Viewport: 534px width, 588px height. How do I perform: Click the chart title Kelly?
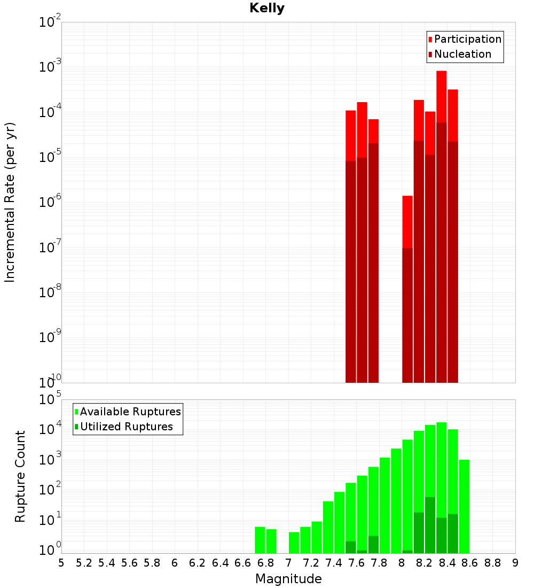pos(267,9)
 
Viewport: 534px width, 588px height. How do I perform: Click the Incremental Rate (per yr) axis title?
pos(10,202)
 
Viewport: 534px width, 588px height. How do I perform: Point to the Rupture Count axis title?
pos(20,476)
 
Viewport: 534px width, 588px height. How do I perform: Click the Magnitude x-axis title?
pos(288,579)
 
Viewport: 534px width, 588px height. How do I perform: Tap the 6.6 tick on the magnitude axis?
pos(243,563)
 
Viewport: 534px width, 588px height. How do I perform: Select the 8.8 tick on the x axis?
pos(493,563)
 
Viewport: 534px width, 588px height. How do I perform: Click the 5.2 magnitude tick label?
pos(84,563)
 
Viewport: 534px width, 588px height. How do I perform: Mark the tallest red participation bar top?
pos(441,72)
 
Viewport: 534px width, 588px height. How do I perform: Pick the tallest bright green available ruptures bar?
pos(441,423)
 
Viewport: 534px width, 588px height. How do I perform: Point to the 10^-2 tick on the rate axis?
pos(50,22)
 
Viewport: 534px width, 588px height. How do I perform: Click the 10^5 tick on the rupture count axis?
pos(50,399)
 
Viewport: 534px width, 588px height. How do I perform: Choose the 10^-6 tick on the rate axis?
pos(50,203)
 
